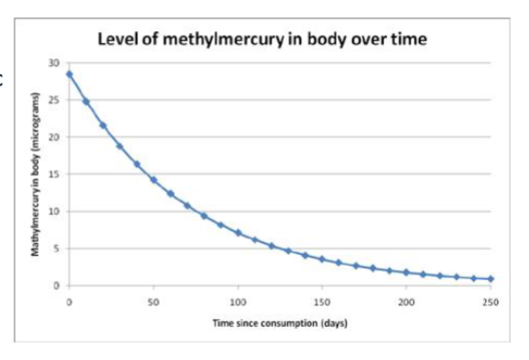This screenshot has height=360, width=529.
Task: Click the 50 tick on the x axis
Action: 153,303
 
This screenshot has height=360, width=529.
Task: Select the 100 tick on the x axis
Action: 237,303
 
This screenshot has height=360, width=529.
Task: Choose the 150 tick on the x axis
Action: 322,303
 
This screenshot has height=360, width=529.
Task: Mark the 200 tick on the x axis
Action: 406,303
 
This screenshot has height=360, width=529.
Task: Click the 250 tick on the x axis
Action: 490,303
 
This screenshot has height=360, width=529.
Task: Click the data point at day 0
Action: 69,74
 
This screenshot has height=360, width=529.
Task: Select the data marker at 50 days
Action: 154,180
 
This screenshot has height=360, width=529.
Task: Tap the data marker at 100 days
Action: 238,233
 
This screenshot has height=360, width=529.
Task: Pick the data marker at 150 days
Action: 322,259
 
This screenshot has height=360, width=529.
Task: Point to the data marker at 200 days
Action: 406,272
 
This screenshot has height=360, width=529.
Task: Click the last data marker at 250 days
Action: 491,279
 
